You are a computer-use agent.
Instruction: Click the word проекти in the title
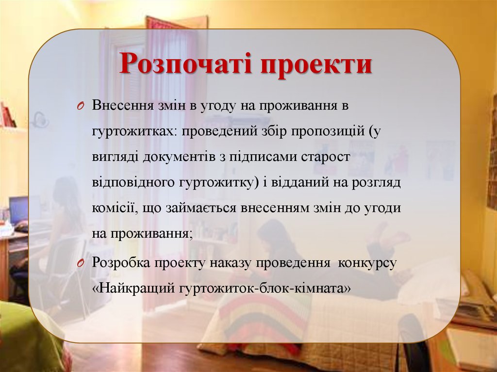click(316, 65)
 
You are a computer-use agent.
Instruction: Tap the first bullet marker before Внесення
click(81, 106)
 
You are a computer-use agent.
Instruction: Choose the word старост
click(329, 158)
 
